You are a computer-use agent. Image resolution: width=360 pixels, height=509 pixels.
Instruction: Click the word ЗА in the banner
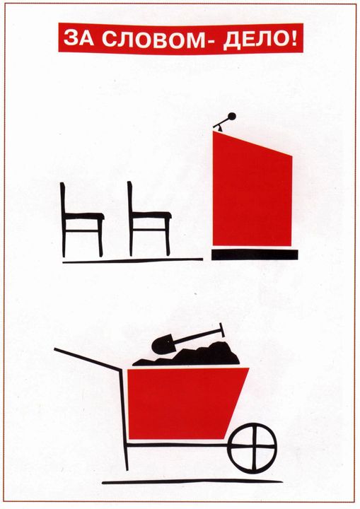tap(77, 39)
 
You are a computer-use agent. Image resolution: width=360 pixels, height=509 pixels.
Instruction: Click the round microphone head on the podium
tap(232, 116)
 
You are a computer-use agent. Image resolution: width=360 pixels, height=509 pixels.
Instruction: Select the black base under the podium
tap(255, 255)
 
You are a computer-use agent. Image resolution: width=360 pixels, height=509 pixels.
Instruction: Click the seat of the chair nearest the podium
tap(151, 215)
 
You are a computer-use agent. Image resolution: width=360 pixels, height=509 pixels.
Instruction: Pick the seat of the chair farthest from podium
tap(84, 216)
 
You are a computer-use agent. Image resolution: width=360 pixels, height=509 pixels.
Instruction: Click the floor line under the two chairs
tap(132, 260)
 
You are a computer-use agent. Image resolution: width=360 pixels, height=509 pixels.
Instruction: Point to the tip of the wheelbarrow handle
tap(55, 349)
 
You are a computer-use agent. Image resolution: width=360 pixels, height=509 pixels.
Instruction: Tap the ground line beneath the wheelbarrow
tap(192, 481)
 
